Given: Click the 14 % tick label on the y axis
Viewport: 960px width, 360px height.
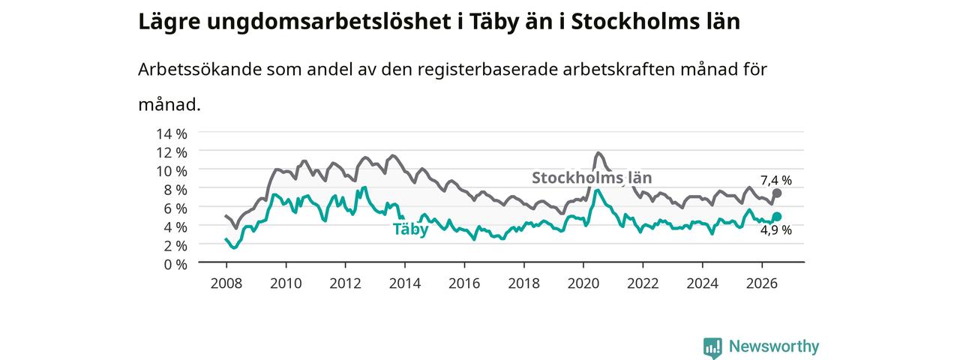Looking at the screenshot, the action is [172, 134].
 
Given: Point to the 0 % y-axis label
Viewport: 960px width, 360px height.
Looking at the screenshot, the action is [175, 265].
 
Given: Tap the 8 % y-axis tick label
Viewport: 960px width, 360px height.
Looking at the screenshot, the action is [175, 190].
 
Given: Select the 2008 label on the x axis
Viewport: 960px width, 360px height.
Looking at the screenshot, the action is [226, 283].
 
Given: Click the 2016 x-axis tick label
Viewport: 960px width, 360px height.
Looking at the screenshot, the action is [464, 283].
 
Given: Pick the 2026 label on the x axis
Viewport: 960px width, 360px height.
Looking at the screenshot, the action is [761, 283].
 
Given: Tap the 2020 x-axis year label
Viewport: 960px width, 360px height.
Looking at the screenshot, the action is [583, 283].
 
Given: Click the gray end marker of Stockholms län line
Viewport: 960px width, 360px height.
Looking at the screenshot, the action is [776, 193].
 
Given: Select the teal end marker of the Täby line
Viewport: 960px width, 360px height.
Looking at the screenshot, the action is [776, 217].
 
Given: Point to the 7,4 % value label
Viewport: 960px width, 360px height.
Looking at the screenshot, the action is [776, 181].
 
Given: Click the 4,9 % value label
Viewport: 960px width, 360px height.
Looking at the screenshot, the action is [776, 230].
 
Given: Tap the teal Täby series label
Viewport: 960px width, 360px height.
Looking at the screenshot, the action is [410, 229].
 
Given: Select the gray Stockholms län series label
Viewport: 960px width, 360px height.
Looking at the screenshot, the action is [592, 178].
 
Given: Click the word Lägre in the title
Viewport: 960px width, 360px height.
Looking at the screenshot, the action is [169, 22].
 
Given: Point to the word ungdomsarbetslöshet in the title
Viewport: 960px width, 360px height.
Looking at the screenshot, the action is [328, 22].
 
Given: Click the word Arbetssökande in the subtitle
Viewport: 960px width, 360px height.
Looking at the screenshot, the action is [199, 69].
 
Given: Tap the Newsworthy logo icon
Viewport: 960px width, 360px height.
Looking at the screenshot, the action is [712, 346].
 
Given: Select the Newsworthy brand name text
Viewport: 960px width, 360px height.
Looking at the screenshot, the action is [774, 346].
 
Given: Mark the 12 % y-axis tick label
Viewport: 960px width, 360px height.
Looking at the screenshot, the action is [172, 152].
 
